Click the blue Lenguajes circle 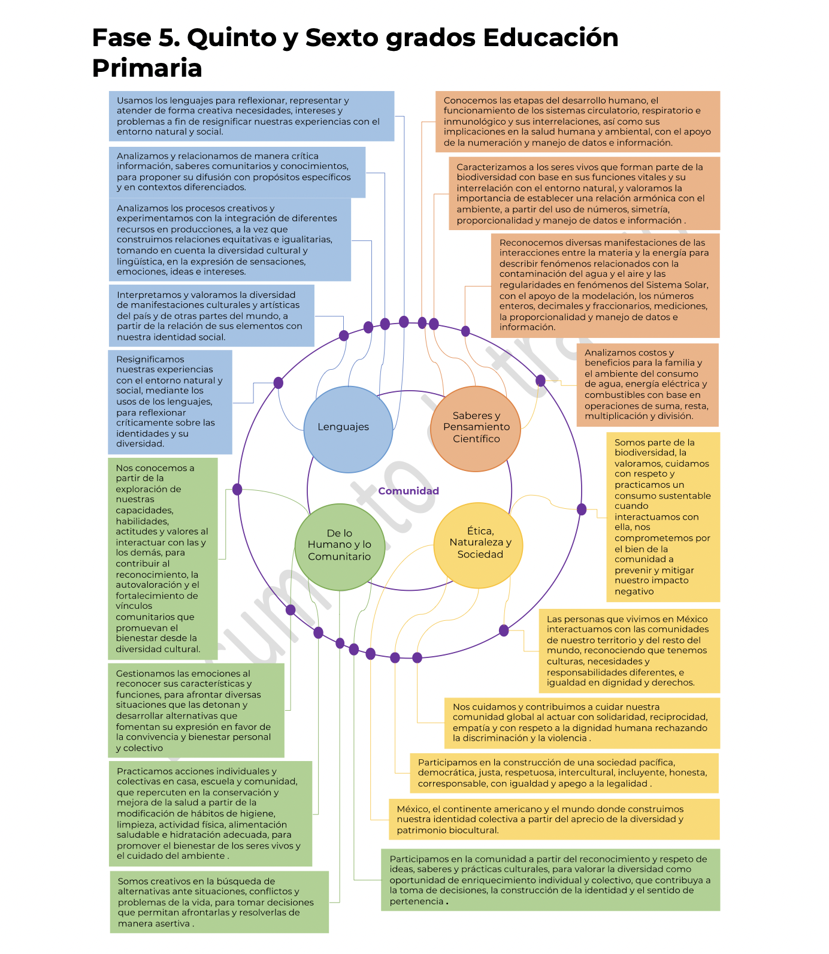[x=348, y=428]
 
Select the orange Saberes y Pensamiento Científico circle [x=475, y=428]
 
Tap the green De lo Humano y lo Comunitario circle [x=339, y=546]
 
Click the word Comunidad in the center [x=409, y=491]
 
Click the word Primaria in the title [x=147, y=68]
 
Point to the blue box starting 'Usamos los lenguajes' [x=251, y=116]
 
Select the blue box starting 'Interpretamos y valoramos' [x=211, y=316]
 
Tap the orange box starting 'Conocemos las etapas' [x=577, y=122]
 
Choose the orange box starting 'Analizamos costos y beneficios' [x=647, y=385]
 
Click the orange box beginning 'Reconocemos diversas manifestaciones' [x=604, y=285]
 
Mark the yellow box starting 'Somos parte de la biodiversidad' [x=662, y=517]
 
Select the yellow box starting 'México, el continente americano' [x=553, y=819]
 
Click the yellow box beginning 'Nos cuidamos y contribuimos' [x=581, y=723]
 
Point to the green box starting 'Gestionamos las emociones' [x=196, y=710]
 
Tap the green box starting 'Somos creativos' [x=219, y=902]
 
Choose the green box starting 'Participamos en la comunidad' [x=550, y=880]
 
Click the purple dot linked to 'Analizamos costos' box [x=540, y=380]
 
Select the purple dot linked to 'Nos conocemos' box [x=237, y=490]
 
